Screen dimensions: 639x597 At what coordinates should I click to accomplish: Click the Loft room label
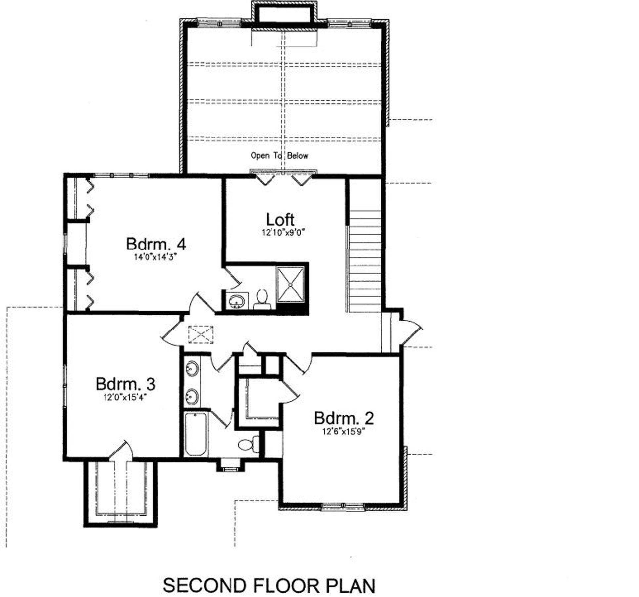280,219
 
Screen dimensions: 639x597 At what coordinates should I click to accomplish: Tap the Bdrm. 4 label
156,244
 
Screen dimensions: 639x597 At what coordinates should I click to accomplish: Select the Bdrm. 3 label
125,384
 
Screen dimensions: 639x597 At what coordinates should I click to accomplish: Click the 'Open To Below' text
279,156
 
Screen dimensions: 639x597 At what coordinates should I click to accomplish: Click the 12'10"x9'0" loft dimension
283,233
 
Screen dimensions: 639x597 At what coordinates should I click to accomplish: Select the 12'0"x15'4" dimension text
125,397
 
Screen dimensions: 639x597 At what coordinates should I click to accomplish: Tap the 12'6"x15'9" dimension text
344,431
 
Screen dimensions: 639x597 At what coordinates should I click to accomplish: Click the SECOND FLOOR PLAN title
269,585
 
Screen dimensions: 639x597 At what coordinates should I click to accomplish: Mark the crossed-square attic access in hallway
201,335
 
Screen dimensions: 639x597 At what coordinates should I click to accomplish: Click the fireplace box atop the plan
284,14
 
